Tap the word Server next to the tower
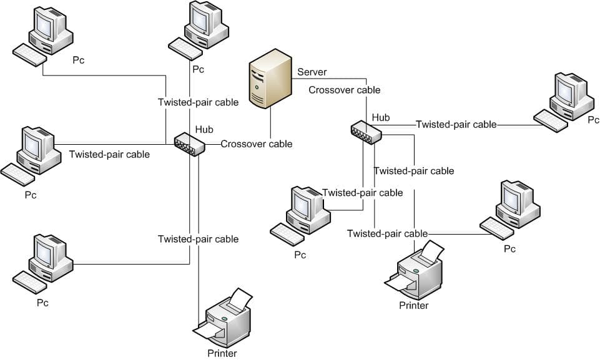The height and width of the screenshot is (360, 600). click(x=312, y=72)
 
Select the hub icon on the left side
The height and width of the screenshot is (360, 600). click(x=189, y=144)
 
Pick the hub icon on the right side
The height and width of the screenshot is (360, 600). click(x=366, y=132)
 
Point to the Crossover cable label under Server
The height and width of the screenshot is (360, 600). click(x=344, y=90)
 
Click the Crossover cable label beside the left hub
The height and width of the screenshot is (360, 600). click(x=256, y=144)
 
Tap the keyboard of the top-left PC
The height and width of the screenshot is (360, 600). click(x=29, y=56)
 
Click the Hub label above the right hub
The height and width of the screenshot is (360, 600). click(x=381, y=117)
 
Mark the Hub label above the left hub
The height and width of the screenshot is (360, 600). click(x=204, y=130)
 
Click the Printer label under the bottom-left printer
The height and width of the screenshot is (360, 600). click(x=222, y=354)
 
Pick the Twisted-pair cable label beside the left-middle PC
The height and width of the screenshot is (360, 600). click(x=109, y=154)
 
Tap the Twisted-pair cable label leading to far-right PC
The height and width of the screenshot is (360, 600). click(x=456, y=124)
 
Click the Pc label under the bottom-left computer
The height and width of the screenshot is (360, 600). click(x=42, y=303)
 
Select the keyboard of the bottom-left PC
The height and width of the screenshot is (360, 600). click(x=29, y=283)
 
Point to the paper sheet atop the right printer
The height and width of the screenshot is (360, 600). click(x=431, y=251)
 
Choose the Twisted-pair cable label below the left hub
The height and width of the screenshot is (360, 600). click(x=198, y=239)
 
